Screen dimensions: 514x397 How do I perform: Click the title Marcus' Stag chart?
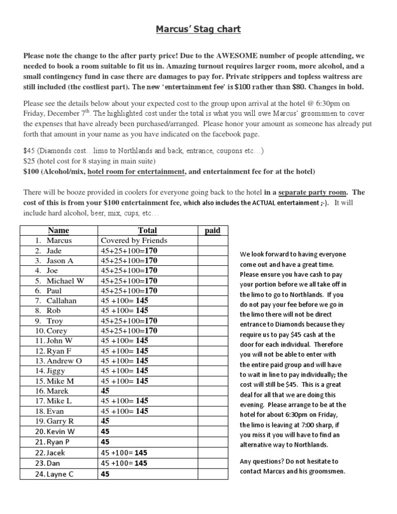click(x=198, y=29)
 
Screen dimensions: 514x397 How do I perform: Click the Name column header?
click(x=58, y=231)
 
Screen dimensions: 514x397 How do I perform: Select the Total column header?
click(x=147, y=231)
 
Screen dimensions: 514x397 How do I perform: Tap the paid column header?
click(x=212, y=231)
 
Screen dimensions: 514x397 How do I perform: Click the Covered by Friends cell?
click(x=134, y=241)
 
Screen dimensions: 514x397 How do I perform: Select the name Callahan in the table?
click(x=62, y=301)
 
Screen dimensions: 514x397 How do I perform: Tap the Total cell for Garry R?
click(x=105, y=421)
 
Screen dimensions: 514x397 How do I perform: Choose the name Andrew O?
click(x=64, y=361)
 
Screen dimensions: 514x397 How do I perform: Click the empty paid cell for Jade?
click(x=212, y=251)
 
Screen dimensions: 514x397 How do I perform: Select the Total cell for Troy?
click(x=129, y=321)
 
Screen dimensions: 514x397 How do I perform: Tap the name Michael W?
click(x=65, y=281)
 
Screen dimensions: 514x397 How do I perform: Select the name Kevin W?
click(x=60, y=431)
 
